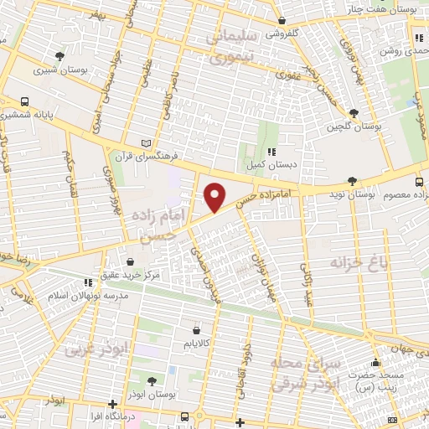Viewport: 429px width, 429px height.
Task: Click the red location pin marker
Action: (215, 197)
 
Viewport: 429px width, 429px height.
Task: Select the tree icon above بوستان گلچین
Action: (354, 112)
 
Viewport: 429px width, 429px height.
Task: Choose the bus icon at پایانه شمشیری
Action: (25, 101)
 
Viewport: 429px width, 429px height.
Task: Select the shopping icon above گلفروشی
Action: (282, 21)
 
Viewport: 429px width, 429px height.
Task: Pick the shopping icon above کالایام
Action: (197, 330)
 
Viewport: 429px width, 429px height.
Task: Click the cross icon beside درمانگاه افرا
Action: (112, 405)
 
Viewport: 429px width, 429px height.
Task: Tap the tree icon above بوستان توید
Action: (354, 180)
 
